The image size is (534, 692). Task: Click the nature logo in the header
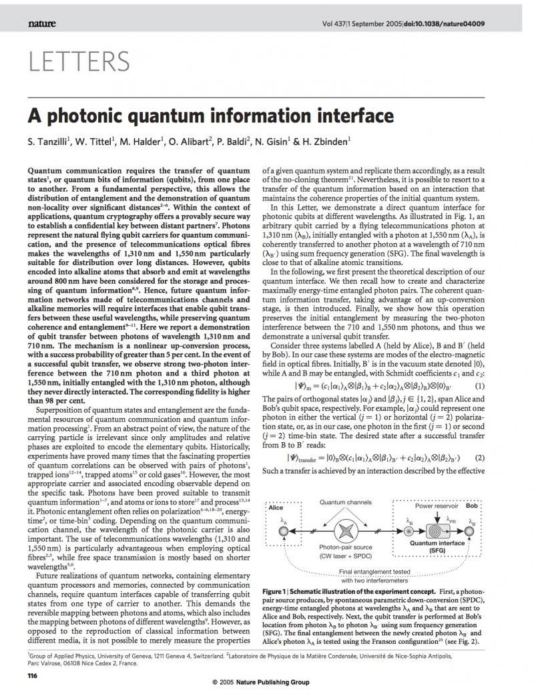41,24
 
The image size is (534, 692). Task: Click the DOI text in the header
441,24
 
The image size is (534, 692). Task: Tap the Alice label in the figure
276,508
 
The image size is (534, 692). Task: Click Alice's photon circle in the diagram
283,532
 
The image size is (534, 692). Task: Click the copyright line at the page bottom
266,683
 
